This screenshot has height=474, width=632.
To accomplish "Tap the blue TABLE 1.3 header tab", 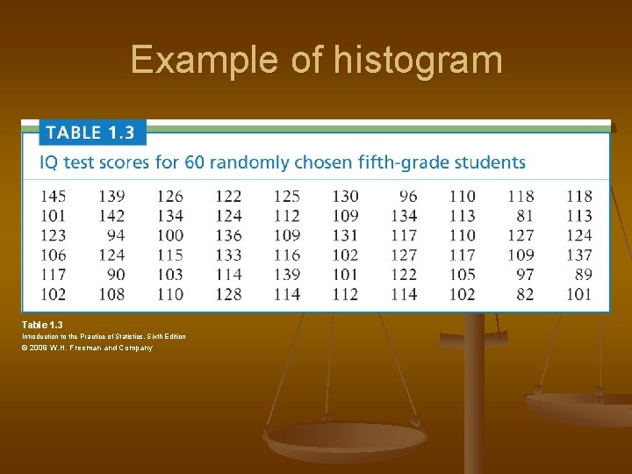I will pos(90,133).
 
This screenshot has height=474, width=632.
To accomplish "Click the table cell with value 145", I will pos(53,196).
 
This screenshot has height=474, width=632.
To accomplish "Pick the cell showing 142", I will pos(111,215).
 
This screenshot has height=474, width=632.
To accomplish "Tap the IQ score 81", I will pos(525,215).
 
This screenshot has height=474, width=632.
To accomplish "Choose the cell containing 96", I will pos(408,196).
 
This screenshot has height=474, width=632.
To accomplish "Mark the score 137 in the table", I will pos(579,255).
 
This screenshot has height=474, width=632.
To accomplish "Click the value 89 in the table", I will pos(584,274).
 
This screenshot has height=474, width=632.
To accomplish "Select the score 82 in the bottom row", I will pos(525,294).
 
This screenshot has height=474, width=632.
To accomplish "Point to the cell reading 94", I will pos(116,235).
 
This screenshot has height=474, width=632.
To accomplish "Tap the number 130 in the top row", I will pos(345,196).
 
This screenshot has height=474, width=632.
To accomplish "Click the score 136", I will pos(228,235).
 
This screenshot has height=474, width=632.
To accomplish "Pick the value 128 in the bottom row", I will pos(228,294).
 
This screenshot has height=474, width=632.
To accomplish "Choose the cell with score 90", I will pos(116,274).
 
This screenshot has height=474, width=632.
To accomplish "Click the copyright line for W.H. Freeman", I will pos(88,348).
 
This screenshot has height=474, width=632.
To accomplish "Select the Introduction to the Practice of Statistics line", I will pos(104,336).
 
